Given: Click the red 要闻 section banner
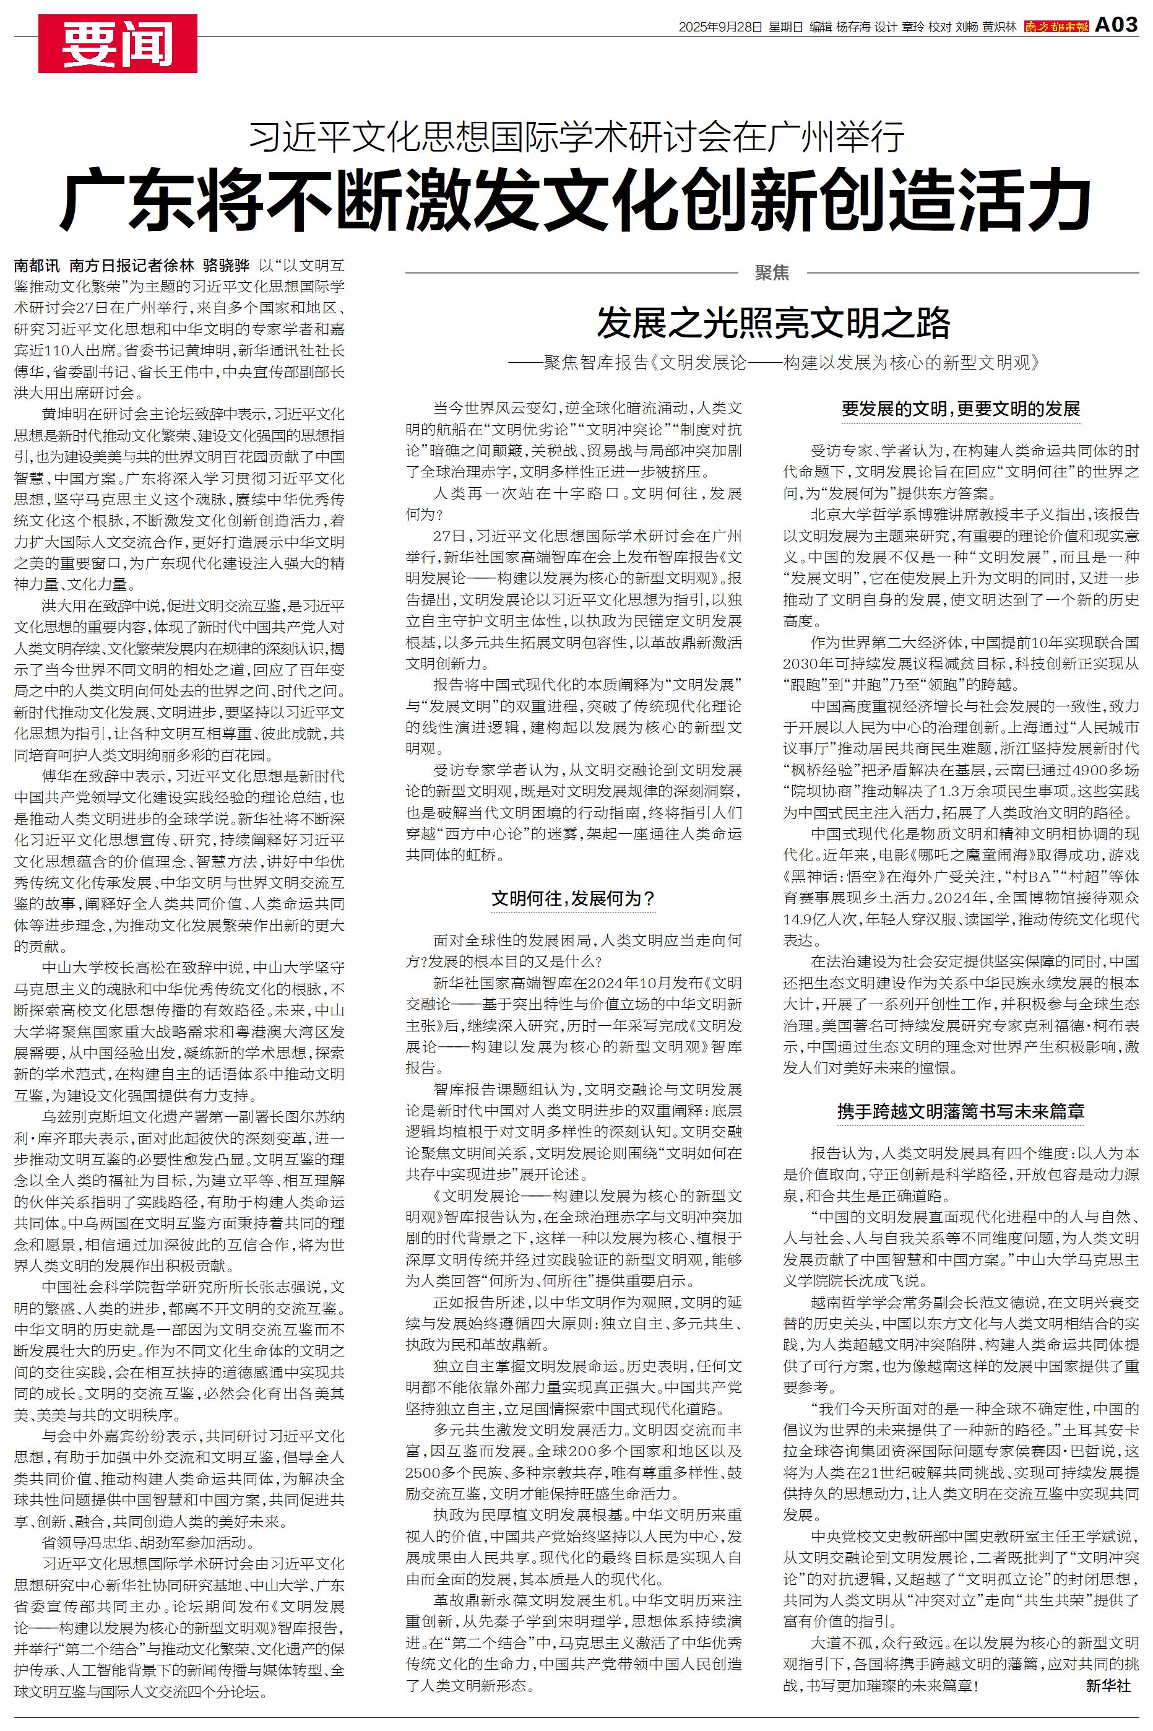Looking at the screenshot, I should tap(118, 44).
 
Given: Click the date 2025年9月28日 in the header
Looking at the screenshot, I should tap(720, 27).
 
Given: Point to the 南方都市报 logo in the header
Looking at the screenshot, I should tap(1056, 27).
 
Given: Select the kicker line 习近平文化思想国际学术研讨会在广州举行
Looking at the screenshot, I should tap(576, 136).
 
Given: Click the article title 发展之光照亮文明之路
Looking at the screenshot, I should tap(774, 324).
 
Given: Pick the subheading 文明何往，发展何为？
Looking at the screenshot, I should tap(573, 898).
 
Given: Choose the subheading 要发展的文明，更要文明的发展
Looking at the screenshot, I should tap(961, 410).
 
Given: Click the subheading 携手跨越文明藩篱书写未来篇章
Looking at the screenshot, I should tap(961, 1112).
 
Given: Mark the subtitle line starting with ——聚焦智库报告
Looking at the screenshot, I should tap(775, 363).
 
